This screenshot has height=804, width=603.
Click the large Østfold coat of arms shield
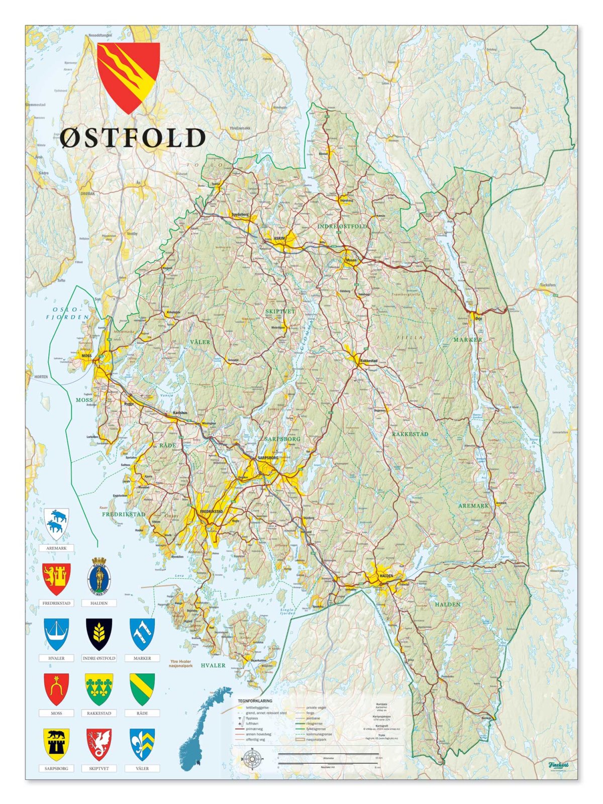(x=128, y=75)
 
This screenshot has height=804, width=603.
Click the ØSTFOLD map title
(x=133, y=138)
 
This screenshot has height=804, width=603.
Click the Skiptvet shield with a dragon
(x=99, y=744)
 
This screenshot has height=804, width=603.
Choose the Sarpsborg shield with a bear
(x=56, y=744)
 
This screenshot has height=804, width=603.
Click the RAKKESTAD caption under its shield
(x=99, y=713)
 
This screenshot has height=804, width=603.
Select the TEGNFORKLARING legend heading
(x=255, y=700)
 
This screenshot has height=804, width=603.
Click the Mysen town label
(x=351, y=260)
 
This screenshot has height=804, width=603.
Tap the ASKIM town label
(x=279, y=238)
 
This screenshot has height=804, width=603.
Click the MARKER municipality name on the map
(x=467, y=340)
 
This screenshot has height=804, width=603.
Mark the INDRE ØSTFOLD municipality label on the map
(x=342, y=227)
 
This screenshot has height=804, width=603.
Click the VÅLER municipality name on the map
(x=200, y=342)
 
